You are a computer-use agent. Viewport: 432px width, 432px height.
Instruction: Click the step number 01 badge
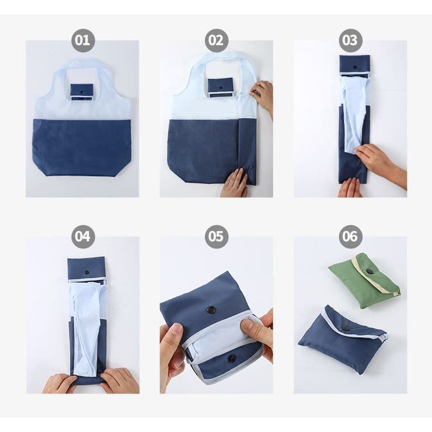[x=83, y=40]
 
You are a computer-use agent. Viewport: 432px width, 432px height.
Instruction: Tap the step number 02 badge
[x=216, y=40]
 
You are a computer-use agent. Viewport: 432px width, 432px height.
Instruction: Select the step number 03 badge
[x=350, y=40]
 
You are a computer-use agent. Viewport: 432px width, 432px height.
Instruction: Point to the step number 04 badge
[x=83, y=236]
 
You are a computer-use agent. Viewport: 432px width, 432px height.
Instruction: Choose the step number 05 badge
[x=216, y=236]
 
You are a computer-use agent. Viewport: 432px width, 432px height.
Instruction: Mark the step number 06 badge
[x=350, y=236]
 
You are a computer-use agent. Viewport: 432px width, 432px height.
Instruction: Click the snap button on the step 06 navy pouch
[x=344, y=328]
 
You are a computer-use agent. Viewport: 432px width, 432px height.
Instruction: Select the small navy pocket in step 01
[x=82, y=92]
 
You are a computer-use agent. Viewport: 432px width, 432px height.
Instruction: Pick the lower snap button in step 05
[x=231, y=358]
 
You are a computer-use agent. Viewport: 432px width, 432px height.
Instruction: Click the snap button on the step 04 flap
[x=87, y=273]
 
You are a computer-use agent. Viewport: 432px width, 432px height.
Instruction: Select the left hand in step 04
[x=59, y=383]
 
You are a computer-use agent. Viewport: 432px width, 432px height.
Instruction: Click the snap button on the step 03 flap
[x=355, y=67]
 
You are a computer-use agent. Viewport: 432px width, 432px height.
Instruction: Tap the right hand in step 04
[x=119, y=380]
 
